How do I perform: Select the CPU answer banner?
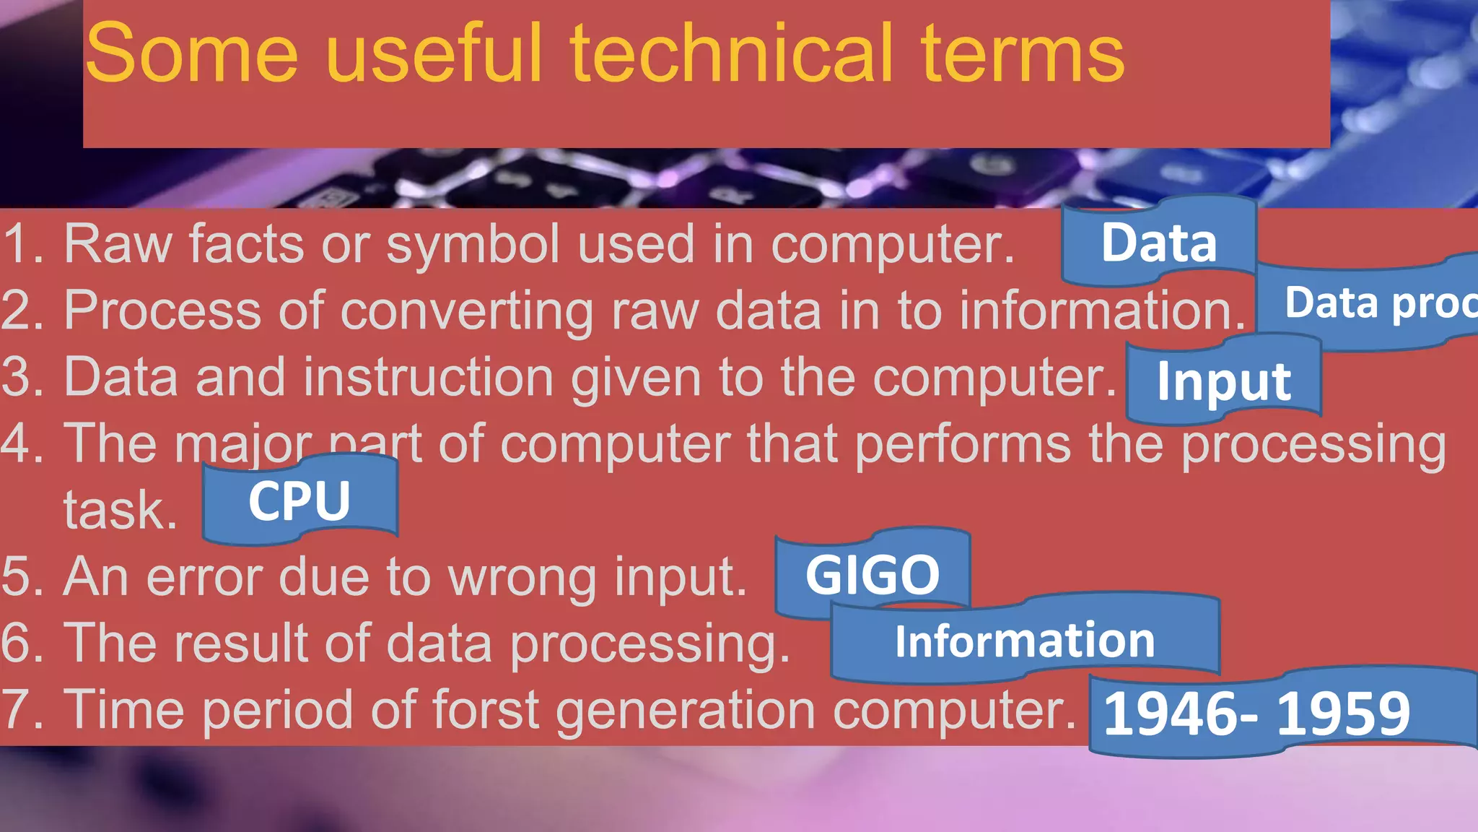299,500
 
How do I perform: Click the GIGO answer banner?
872,575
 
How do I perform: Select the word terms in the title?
1022,54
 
